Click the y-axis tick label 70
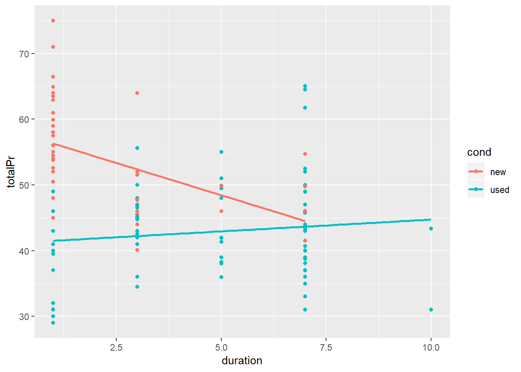tap(24, 54)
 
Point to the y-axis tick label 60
tap(24, 119)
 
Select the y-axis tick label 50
tap(24, 185)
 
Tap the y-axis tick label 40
tap(24, 251)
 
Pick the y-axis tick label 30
tap(24, 317)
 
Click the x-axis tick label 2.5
tap(116, 348)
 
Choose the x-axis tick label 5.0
tap(221, 348)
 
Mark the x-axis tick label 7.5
tap(326, 348)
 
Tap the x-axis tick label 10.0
tap(431, 348)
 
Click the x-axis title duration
tap(242, 361)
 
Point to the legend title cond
tap(479, 152)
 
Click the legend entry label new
tap(498, 172)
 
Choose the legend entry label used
tap(499, 190)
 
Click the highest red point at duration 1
tap(53, 21)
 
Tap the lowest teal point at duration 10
tap(431, 310)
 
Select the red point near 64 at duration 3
tap(137, 93)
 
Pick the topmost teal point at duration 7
tap(305, 86)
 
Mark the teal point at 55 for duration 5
tap(221, 152)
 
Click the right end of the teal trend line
tap(431, 220)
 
